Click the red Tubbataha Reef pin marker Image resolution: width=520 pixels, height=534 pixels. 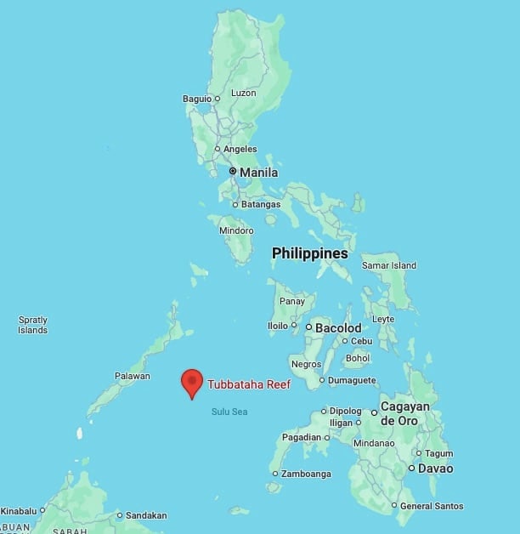click(192, 382)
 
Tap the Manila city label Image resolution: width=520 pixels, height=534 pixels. click(258, 173)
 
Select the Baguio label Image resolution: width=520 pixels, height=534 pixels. click(196, 99)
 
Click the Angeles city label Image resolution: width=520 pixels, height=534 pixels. click(240, 149)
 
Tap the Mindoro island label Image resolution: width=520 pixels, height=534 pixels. click(236, 230)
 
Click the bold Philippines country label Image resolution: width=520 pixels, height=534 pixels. click(309, 253)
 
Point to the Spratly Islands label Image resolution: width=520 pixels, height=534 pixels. click(33, 325)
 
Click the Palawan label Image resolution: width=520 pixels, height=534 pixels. click(133, 376)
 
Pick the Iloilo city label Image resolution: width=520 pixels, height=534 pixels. click(277, 325)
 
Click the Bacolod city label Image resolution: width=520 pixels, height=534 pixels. click(338, 327)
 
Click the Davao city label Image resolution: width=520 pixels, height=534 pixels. click(436, 469)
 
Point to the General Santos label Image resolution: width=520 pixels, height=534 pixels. click(432, 506)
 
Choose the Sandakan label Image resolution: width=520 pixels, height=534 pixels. click(146, 515)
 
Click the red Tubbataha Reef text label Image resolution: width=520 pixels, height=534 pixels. click(249, 384)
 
